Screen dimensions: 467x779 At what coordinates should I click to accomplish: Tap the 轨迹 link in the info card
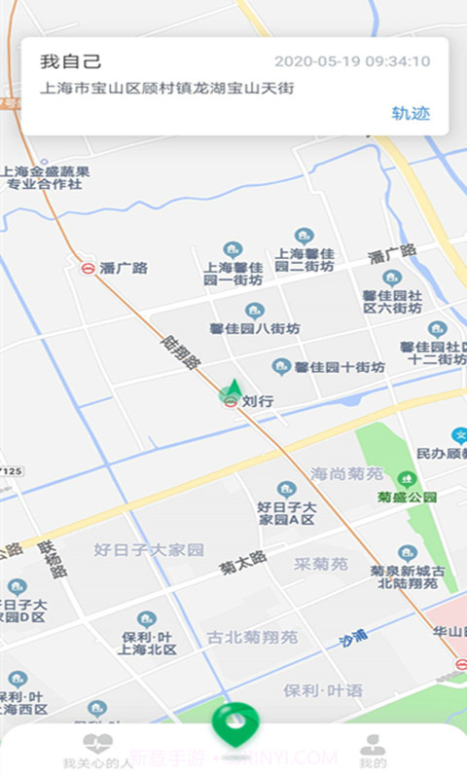click(411, 113)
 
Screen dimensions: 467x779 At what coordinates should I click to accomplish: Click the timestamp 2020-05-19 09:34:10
click(352, 61)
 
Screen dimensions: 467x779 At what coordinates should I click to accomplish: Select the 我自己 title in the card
click(71, 61)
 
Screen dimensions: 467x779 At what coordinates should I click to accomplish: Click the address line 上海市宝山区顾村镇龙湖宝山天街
click(166, 88)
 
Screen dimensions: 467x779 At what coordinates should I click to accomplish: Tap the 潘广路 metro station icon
click(89, 268)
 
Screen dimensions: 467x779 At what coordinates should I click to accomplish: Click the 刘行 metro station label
click(258, 399)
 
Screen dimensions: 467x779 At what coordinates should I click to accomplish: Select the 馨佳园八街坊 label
click(255, 328)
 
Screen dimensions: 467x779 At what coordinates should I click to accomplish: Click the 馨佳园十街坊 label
click(340, 367)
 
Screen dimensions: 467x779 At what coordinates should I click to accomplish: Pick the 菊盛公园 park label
click(408, 497)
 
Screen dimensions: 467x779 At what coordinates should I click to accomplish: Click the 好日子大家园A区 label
click(286, 512)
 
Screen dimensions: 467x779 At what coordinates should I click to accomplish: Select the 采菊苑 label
click(321, 564)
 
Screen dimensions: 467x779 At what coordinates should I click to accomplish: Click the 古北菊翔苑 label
click(252, 638)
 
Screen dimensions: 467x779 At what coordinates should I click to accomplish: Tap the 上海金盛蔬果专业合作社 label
click(46, 177)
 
